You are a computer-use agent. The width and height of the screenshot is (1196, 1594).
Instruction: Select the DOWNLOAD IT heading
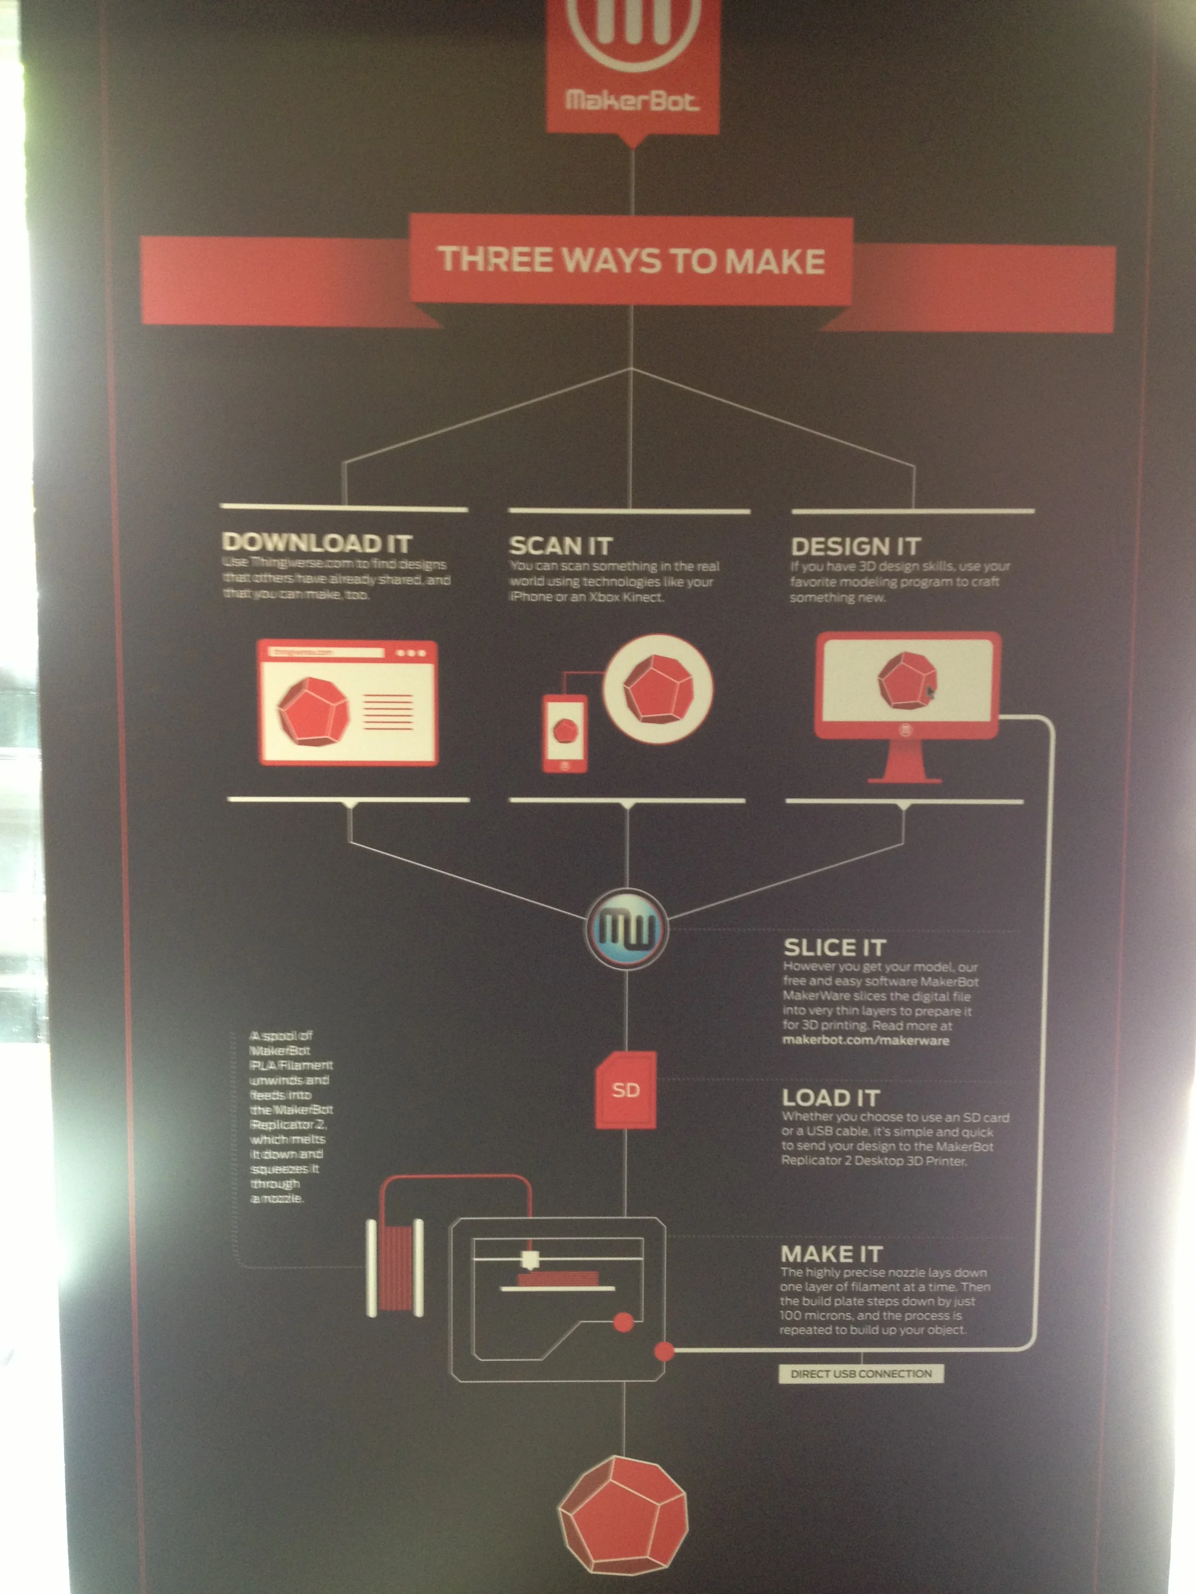click(317, 542)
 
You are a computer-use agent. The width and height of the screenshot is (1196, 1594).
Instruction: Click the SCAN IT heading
click(560, 545)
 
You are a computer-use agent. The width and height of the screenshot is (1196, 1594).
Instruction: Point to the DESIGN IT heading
click(856, 545)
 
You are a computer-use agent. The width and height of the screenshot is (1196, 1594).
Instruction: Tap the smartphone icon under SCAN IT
click(564, 734)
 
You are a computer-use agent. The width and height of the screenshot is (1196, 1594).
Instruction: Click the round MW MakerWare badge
click(626, 929)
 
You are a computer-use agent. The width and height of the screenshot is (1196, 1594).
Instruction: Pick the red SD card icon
click(625, 1090)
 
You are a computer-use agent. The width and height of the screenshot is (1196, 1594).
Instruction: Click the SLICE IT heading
click(834, 947)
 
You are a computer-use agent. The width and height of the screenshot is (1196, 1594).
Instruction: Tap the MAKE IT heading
click(831, 1254)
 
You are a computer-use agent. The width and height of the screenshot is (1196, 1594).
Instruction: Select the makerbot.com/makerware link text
click(865, 1041)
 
